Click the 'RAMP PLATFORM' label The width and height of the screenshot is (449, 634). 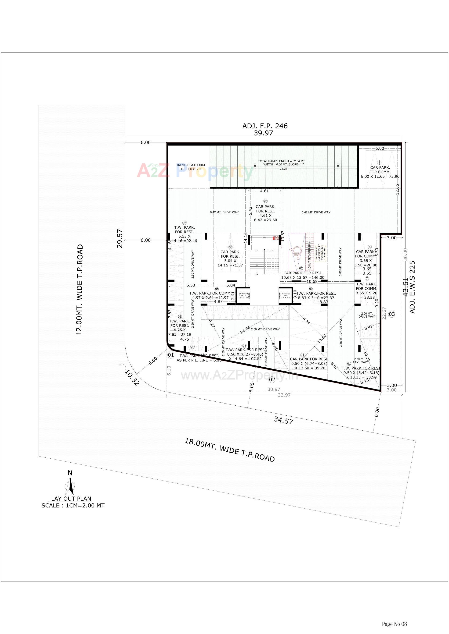coord(191,165)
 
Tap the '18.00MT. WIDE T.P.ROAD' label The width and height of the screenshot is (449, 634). coord(229,450)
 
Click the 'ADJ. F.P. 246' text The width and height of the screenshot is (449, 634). coord(265,126)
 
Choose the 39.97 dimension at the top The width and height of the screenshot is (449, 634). coord(263,133)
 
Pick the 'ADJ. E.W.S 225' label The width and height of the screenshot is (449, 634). coord(412,287)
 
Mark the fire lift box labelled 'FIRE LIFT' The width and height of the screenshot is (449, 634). coord(243,296)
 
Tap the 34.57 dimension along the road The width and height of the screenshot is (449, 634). coord(283,420)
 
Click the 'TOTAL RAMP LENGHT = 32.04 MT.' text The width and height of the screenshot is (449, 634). coord(282,161)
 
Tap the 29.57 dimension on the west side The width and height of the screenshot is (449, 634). coord(120,239)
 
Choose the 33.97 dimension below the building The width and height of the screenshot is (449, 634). coord(284,395)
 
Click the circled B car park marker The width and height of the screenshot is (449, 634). coord(379,163)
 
